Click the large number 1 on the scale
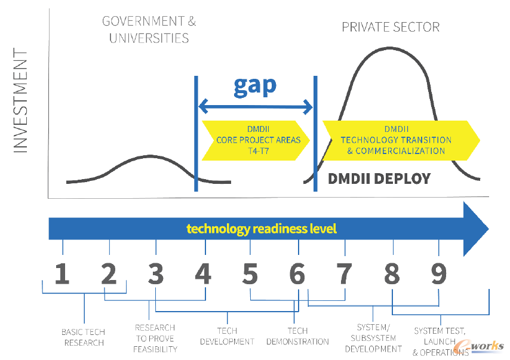[62, 274]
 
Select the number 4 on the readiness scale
[203, 274]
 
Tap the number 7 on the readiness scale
[344, 274]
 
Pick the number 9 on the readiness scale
[439, 274]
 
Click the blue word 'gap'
[255, 86]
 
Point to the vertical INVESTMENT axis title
[20, 100]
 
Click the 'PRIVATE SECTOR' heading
[391, 27]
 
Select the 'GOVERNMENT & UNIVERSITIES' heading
[149, 30]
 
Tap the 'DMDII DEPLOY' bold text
[379, 179]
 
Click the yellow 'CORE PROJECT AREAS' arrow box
[256, 140]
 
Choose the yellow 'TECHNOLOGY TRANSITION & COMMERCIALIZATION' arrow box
[401, 140]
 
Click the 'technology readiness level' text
[262, 229]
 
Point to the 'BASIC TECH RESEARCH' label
[83, 337]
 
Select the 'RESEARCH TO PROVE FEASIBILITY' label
[155, 339]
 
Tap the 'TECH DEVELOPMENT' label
[227, 336]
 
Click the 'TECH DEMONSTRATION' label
[297, 336]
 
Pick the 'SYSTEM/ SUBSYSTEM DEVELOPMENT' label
[373, 338]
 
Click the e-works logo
[479, 347]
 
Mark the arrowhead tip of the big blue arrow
[489, 229]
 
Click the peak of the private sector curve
[389, 48]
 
